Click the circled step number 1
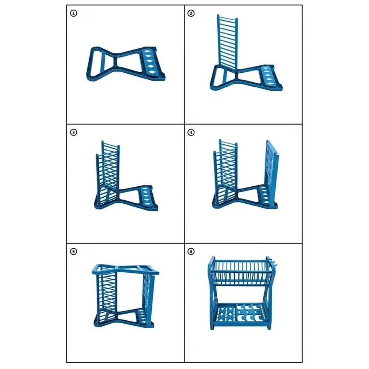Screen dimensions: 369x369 (x=74, y=13)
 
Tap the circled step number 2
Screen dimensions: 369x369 (x=191, y=13)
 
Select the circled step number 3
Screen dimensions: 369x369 (x=74, y=132)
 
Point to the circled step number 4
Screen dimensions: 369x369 (x=191, y=132)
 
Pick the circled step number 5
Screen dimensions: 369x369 (x=74, y=252)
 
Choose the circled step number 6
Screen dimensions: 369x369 (x=191, y=252)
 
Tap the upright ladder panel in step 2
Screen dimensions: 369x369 (x=227, y=42)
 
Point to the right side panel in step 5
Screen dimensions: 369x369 (x=149, y=299)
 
